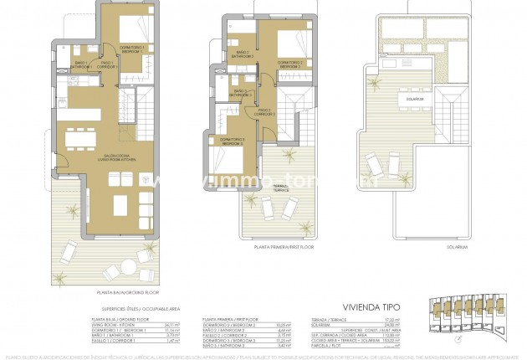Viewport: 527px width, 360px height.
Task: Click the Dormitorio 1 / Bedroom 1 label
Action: pyautogui.click(x=130, y=49)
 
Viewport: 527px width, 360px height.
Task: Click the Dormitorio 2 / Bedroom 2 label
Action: pyautogui.click(x=289, y=64)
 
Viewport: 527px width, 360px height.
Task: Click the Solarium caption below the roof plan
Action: pyautogui.click(x=405, y=249)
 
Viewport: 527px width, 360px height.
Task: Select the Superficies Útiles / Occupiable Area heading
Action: pyautogui.click(x=122, y=308)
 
